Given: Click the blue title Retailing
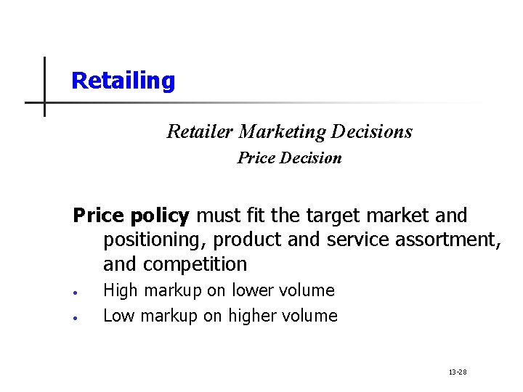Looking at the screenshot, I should tap(123, 81).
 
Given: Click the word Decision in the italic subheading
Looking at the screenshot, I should tap(310, 158).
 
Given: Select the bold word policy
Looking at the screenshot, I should tap(159, 216).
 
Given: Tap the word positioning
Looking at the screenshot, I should tap(155, 240).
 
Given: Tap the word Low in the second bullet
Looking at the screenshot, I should tap(120, 316).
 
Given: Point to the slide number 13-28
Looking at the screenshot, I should tap(458, 372).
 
